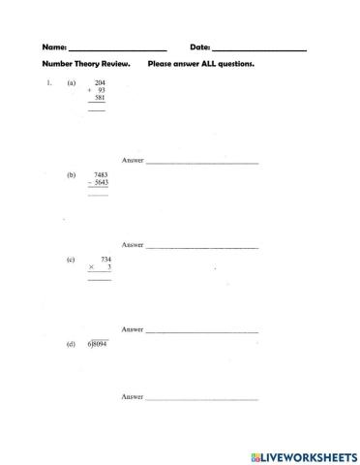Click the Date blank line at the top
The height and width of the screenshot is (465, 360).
click(x=258, y=48)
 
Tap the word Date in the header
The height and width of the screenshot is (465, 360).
click(x=199, y=46)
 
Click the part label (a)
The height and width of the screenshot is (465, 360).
click(x=72, y=83)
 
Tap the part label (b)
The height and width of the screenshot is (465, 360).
click(x=72, y=175)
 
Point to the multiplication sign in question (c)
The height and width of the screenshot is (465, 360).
click(x=92, y=266)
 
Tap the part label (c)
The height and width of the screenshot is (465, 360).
click(x=72, y=260)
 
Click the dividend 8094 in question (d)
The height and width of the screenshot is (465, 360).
click(x=100, y=345)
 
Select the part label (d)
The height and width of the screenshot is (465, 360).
click(x=72, y=345)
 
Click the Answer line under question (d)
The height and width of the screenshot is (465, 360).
click(x=201, y=398)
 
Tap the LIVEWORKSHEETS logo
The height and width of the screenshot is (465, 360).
click(x=302, y=454)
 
